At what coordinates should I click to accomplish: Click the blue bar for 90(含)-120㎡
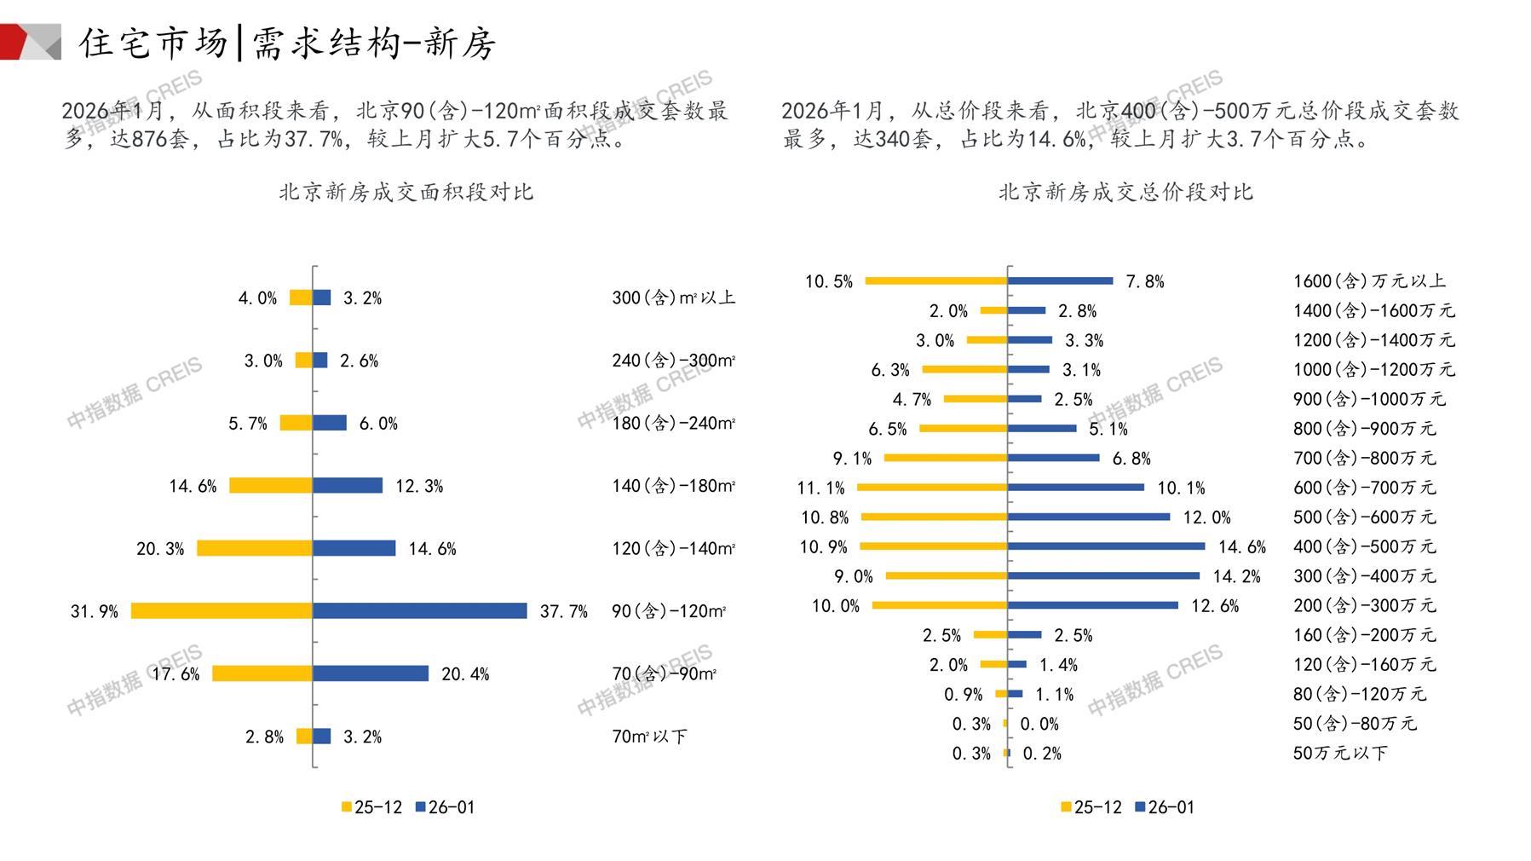point(419,610)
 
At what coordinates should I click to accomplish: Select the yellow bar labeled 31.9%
point(222,610)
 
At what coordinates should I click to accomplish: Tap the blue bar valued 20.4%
point(371,673)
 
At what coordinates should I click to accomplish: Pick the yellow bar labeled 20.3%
point(255,548)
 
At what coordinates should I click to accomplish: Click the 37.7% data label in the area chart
point(563,611)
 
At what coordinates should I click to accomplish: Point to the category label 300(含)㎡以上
point(673,298)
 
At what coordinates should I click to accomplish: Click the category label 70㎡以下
point(649,737)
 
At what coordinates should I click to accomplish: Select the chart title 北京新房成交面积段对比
point(406,192)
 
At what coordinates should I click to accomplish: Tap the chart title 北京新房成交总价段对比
point(1125,192)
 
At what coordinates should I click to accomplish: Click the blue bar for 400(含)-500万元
point(1106,546)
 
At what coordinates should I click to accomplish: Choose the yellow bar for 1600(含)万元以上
point(936,280)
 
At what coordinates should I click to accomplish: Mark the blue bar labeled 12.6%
point(1093,605)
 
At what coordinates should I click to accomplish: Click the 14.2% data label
point(1236,576)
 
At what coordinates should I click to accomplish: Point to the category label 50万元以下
point(1339,753)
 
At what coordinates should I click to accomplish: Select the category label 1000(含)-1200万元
point(1373,369)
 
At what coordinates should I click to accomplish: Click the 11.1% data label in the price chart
point(820,488)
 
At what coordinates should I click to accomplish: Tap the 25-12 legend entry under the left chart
point(371,807)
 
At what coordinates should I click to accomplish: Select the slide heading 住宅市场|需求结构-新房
point(287,43)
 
